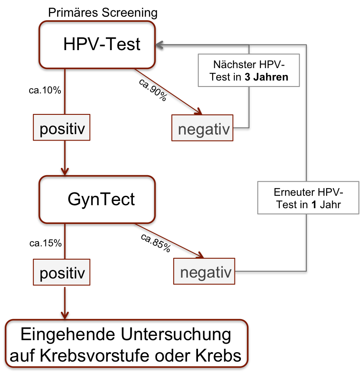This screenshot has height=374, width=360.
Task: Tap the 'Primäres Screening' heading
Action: click(103, 13)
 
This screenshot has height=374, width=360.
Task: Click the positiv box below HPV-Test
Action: click(63, 128)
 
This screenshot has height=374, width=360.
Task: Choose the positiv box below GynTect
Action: click(63, 272)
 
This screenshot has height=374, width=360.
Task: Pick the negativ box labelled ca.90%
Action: click(202, 128)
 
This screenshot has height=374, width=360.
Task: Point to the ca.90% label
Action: click(153, 90)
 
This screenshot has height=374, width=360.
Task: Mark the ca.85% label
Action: click(156, 243)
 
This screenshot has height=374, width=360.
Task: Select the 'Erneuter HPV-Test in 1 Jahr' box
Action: click(308, 198)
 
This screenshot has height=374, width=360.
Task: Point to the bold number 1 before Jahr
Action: click(314, 205)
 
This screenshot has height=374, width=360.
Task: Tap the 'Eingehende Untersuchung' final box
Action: click(127, 343)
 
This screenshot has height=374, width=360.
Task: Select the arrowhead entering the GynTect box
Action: click(65, 172)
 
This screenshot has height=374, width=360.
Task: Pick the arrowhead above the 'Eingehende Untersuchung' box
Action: click(65, 315)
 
